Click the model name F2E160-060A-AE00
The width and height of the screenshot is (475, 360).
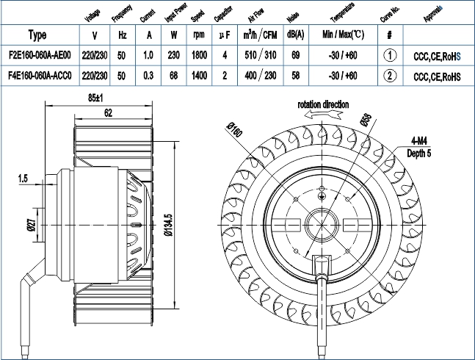tap(40, 55)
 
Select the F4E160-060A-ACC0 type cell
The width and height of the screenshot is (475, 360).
tap(40, 76)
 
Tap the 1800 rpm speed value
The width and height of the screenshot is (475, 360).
tap(199, 55)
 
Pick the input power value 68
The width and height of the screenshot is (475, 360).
tap(173, 76)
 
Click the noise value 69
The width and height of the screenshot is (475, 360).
tap(295, 55)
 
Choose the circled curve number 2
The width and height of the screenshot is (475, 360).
tap(390, 76)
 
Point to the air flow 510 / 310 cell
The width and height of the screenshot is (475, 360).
tap(261, 55)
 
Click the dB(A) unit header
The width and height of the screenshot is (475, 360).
tap(295, 35)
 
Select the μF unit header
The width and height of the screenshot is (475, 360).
tap(225, 35)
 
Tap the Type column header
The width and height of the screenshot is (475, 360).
tap(37, 35)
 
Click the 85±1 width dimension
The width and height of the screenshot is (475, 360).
tap(95, 98)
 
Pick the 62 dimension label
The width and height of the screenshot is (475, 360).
tap(108, 113)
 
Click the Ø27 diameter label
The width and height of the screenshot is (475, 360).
tap(32, 225)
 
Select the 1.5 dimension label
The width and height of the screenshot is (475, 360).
tap(23, 179)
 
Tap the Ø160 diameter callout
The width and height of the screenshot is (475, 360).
tap(235, 129)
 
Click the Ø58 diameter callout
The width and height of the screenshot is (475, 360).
tap(366, 120)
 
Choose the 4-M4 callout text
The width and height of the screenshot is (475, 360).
tap(419, 141)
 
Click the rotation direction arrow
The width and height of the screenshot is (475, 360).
tap(323, 115)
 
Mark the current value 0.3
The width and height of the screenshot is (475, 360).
tap(148, 76)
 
